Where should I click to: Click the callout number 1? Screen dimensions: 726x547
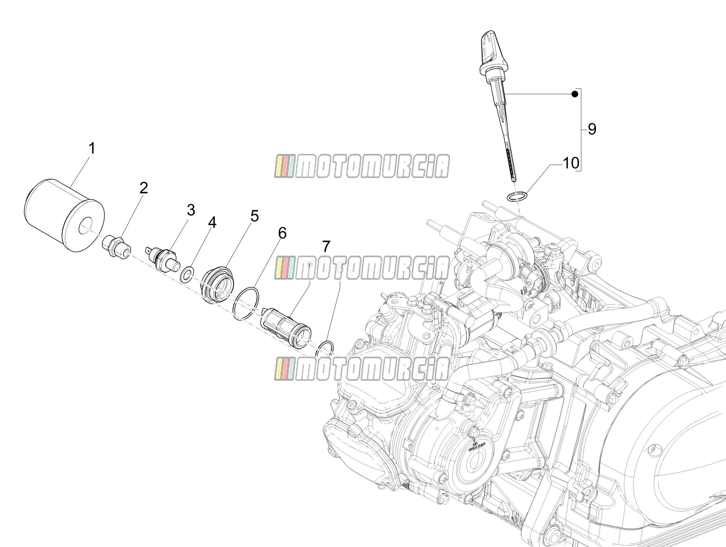[x=92, y=148]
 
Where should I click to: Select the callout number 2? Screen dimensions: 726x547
[x=144, y=188]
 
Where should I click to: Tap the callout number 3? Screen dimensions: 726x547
[x=191, y=210]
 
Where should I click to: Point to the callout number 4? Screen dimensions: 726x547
[x=212, y=223]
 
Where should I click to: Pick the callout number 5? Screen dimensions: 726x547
[x=254, y=216]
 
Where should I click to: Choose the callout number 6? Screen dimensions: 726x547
[x=282, y=233]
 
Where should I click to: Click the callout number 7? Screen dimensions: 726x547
[x=326, y=246]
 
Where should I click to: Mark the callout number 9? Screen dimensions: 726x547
[x=592, y=129]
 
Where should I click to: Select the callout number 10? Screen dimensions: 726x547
[x=571, y=163]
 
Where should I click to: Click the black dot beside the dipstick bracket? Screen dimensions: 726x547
[x=575, y=94]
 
